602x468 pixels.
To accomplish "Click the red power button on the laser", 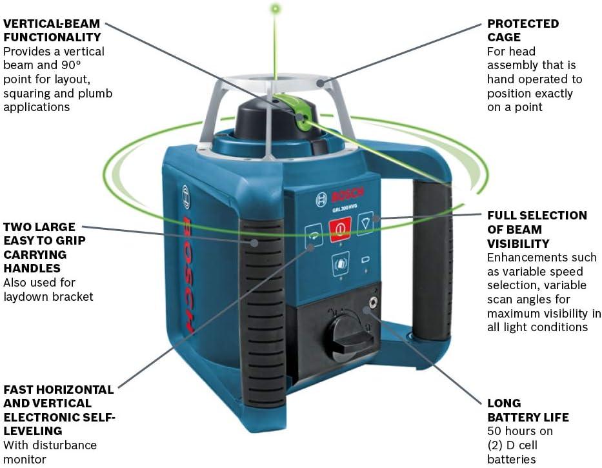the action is pos(340,229).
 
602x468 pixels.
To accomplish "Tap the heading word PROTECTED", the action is pos(523,23).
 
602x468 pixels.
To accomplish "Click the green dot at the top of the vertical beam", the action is pos(275,8).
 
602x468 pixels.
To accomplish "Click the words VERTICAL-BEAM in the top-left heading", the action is pos(52,23).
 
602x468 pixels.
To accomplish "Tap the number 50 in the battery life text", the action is pos(494,431).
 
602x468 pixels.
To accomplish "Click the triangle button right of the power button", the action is pos(365,223).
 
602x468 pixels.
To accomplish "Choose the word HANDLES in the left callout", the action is pos(32,268).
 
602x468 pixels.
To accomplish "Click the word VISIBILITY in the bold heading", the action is pos(518,243).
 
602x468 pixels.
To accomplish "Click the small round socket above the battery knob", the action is pos(372,302).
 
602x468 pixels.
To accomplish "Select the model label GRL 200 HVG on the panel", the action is pos(345,208).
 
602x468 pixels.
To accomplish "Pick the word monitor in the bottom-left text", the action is pos(25,459).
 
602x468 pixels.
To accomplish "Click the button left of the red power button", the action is pos(314,235).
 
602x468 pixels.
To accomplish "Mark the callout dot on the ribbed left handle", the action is pos(254,243).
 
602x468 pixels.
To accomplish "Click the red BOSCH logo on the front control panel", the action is pos(347,195).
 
